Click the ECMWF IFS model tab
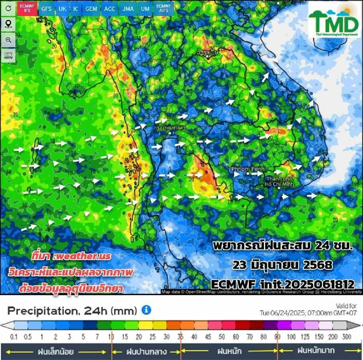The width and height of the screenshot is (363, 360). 27,8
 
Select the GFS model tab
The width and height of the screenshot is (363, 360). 46,9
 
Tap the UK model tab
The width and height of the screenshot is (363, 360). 62,9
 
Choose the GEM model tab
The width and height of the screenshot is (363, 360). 91,9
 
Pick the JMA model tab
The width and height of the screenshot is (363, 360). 128,9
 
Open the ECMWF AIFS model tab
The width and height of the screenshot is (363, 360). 164,8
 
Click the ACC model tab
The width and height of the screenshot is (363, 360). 110,9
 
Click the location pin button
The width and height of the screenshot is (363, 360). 8,24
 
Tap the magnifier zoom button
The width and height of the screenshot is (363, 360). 8,40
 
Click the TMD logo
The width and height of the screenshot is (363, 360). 334,21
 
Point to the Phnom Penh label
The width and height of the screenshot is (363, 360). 248,169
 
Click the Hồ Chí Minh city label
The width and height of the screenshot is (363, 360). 279,182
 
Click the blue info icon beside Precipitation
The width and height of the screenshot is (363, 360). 146,310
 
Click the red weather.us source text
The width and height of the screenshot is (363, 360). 71,256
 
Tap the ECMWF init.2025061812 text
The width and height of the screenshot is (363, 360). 282,284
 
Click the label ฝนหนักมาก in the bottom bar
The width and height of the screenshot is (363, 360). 316,351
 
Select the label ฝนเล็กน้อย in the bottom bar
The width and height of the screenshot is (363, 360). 56,352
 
